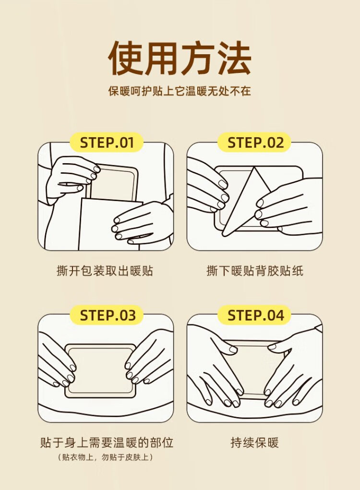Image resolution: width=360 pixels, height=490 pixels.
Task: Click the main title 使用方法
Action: [180, 58]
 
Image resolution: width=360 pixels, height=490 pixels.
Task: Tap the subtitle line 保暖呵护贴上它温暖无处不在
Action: [180, 91]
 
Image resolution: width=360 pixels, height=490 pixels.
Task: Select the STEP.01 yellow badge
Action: [107, 143]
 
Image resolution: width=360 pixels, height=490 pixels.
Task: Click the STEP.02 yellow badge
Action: [255, 143]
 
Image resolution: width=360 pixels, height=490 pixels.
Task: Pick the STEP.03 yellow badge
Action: [107, 315]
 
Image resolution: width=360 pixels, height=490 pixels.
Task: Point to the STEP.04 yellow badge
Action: [255, 315]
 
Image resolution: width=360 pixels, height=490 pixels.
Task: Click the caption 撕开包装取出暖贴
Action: [105, 271]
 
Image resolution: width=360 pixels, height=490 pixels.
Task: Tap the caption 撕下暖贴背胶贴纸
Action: [255, 271]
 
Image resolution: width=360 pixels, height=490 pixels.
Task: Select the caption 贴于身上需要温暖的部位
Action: [107, 442]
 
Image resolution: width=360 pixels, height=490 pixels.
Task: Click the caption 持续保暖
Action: [255, 442]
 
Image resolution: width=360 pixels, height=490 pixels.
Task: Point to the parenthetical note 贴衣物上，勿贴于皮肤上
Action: [105, 457]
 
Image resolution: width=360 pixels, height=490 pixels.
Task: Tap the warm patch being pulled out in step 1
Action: [114, 184]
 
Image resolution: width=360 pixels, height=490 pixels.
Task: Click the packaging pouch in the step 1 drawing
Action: [109, 225]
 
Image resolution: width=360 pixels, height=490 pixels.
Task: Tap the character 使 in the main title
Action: [126, 58]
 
